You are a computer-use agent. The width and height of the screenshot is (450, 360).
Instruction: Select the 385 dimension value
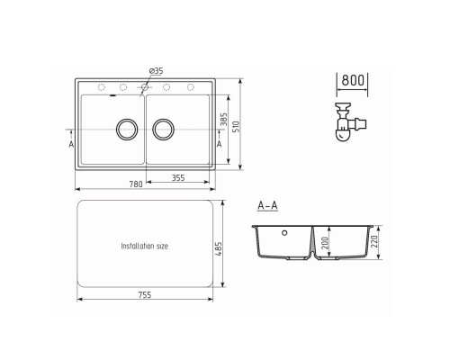click(225, 119)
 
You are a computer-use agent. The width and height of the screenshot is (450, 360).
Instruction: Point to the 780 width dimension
click(135, 184)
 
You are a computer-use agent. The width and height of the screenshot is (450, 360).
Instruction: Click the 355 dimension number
click(178, 178)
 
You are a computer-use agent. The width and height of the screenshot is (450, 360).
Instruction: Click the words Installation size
click(145, 245)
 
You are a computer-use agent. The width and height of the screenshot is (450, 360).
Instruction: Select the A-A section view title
click(267, 206)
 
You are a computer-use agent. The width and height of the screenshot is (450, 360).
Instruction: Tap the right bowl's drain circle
click(164, 130)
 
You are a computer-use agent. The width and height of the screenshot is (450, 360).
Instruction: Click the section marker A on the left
click(70, 143)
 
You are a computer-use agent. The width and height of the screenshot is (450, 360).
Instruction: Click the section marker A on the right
click(220, 143)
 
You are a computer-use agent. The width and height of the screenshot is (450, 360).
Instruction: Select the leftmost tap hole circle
click(100, 87)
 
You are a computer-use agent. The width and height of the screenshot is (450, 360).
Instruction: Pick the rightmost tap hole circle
click(189, 87)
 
